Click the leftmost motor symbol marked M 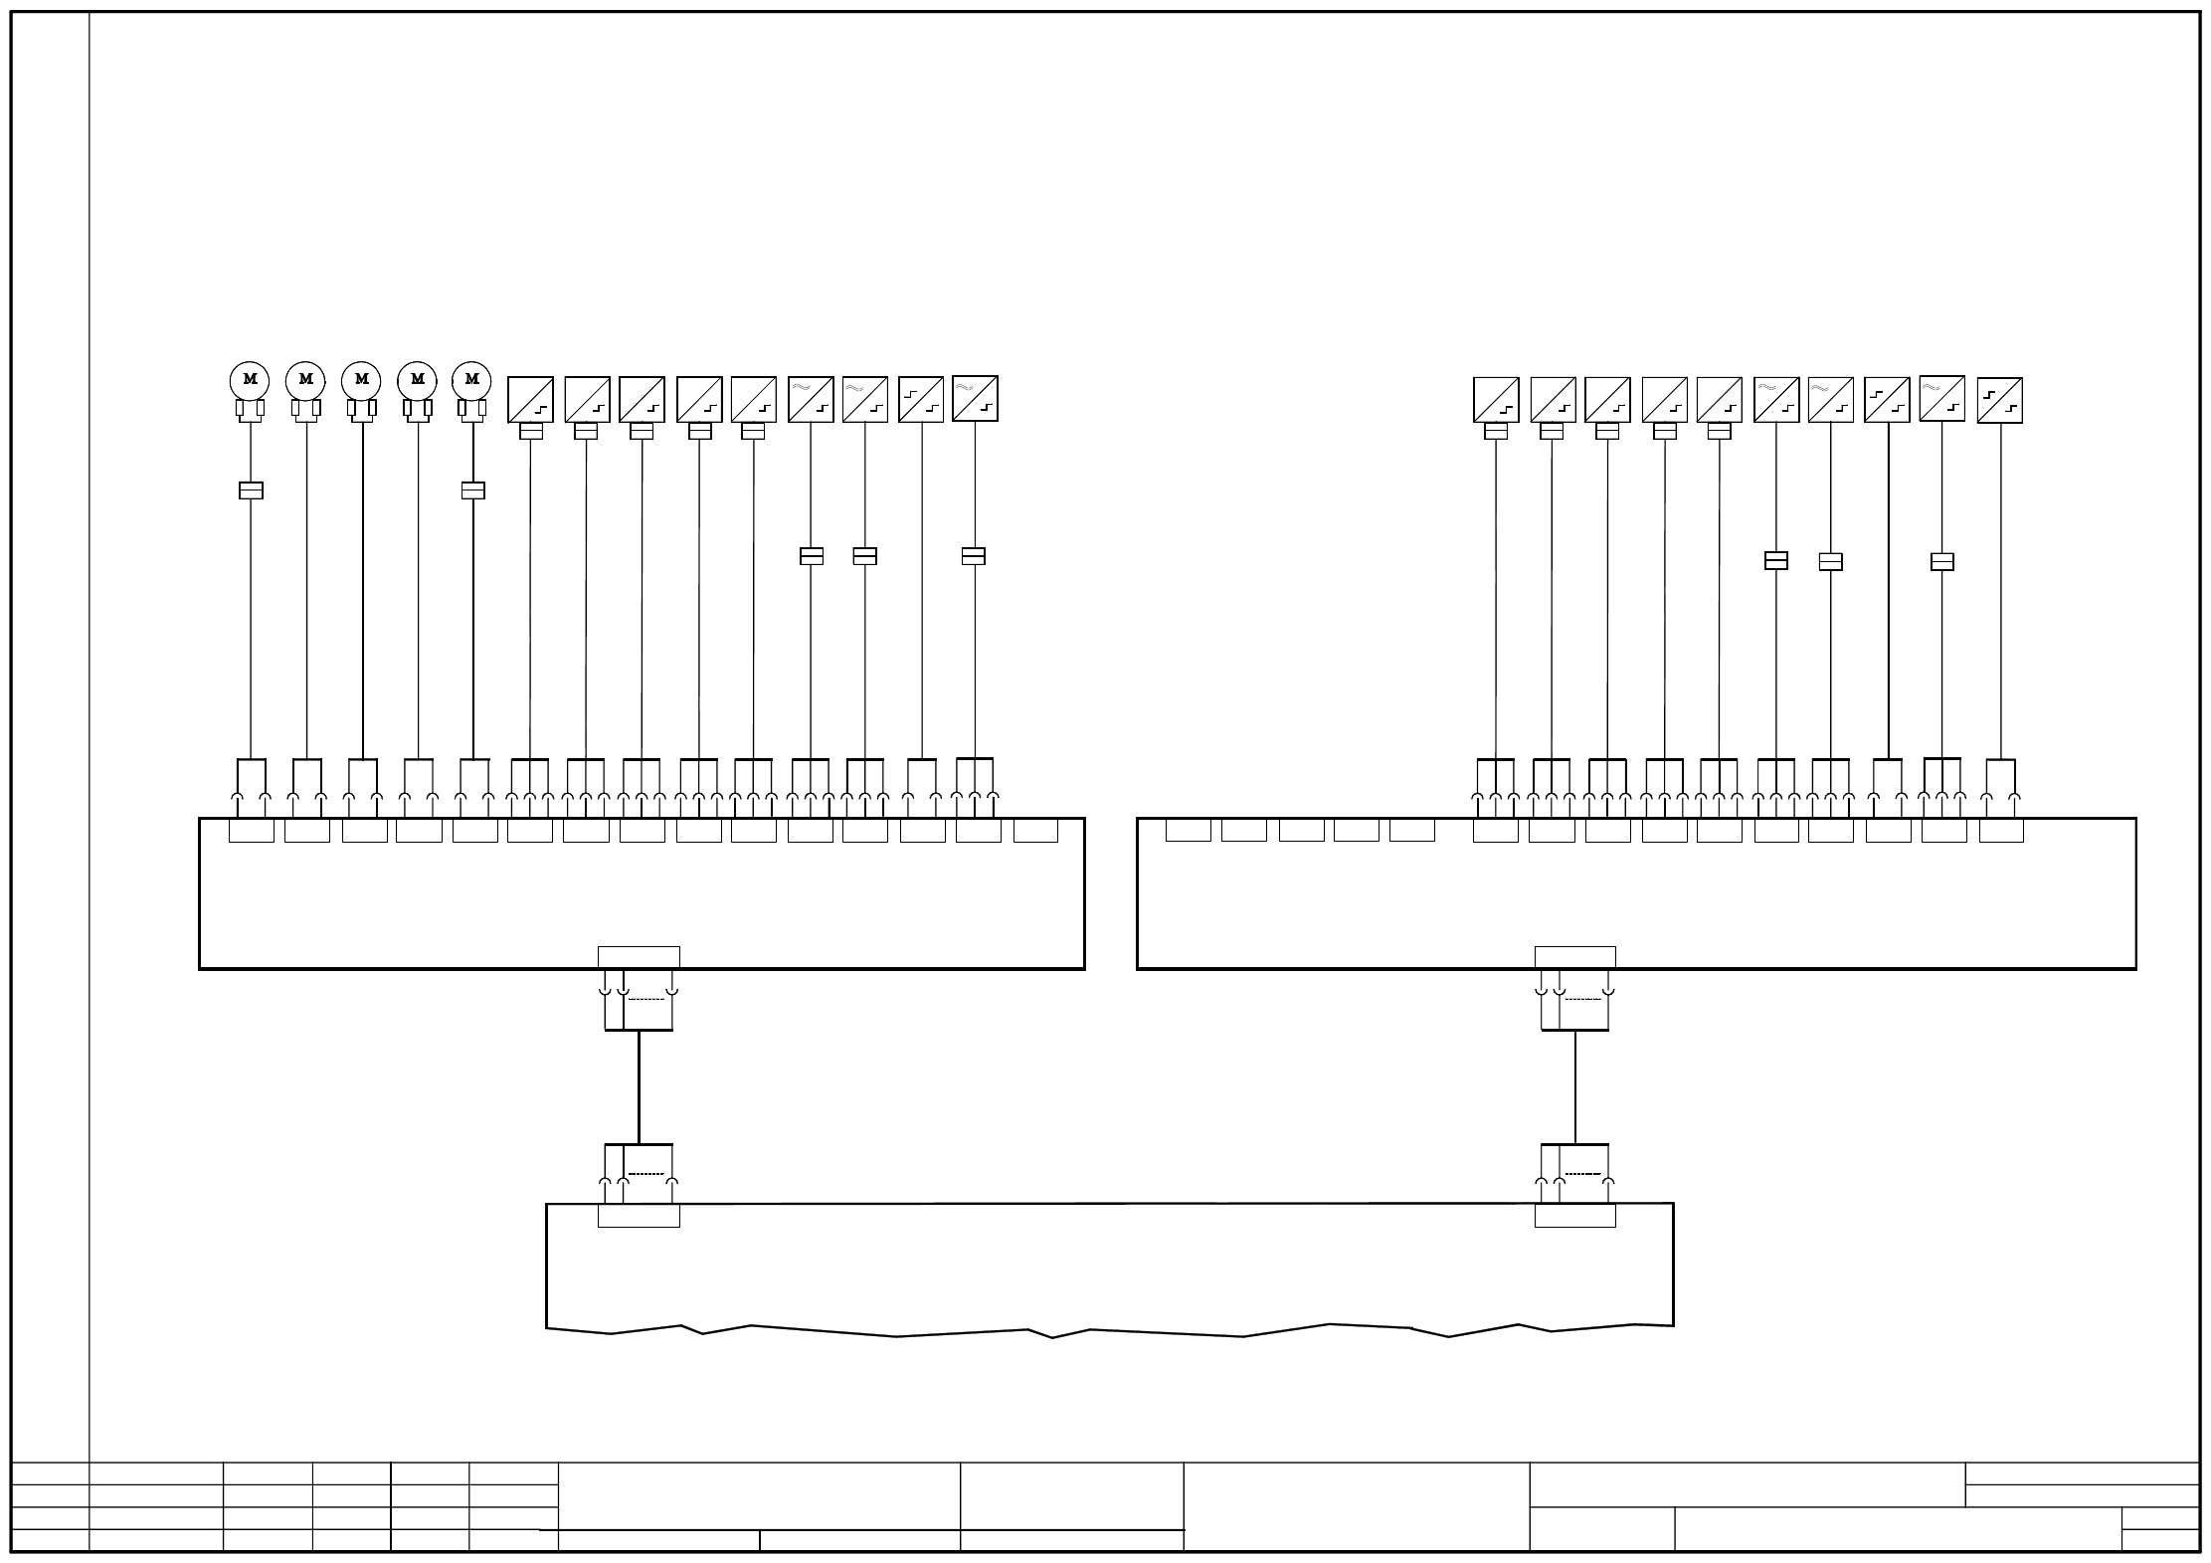(250, 379)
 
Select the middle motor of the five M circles (361, 379)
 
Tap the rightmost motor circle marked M (471, 379)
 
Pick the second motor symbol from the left (305, 379)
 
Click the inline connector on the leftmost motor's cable (251, 490)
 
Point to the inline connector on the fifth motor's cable (473, 490)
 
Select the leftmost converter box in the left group (530, 399)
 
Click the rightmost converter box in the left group (975, 398)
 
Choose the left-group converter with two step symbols (920, 399)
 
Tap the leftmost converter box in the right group (1496, 399)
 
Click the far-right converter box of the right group (2000, 400)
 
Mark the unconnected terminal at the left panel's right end (1035, 831)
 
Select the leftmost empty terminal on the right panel (1188, 830)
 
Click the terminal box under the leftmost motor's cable (252, 831)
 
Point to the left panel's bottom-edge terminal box (639, 957)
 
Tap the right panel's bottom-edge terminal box (1574, 957)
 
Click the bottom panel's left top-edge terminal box (639, 1216)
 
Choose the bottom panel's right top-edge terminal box (1574, 1216)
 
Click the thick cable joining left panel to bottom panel (639, 1086)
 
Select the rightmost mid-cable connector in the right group (1941, 562)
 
